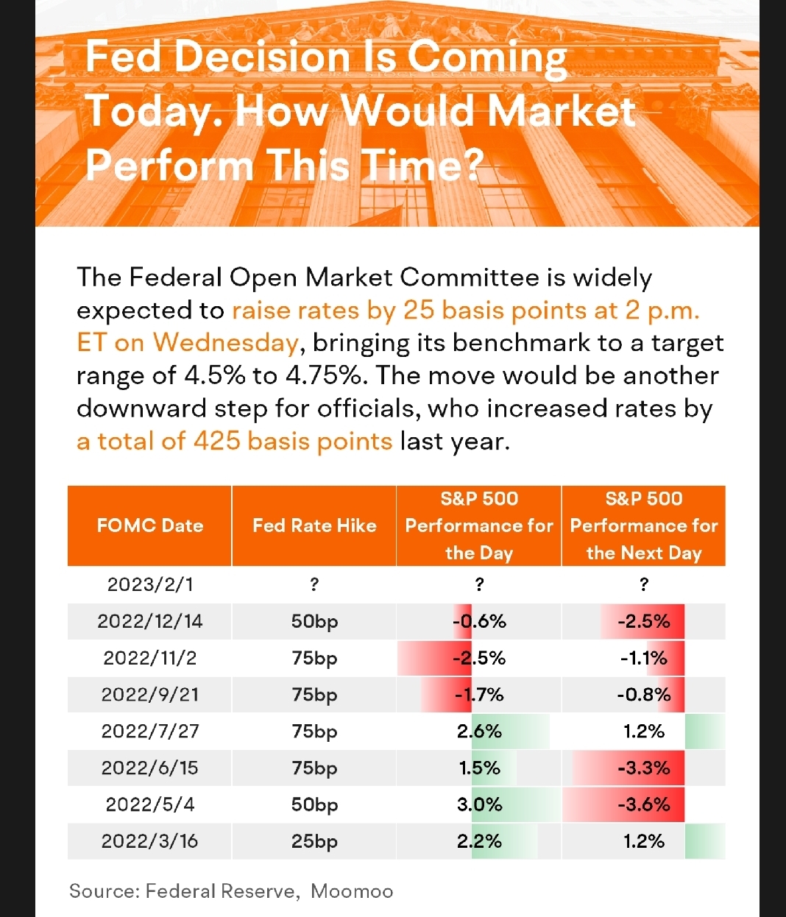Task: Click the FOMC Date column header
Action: click(x=150, y=525)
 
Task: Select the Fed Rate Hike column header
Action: click(x=314, y=525)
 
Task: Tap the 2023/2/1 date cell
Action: click(x=150, y=584)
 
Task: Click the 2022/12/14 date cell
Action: click(x=150, y=621)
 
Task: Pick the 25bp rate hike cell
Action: click(x=314, y=841)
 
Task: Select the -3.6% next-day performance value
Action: click(x=644, y=804)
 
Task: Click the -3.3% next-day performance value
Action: click(x=644, y=768)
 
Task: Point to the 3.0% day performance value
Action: click(x=479, y=804)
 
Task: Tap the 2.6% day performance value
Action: click(x=479, y=732)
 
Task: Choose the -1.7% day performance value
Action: click(x=479, y=695)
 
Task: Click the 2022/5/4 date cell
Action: click(x=150, y=804)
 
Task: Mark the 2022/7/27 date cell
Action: click(x=150, y=732)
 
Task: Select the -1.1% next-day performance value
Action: click(x=644, y=658)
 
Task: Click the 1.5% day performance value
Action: click(x=479, y=768)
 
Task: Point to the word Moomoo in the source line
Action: click(x=352, y=891)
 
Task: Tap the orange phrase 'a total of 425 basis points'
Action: click(x=235, y=441)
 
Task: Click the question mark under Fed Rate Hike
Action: click(x=314, y=584)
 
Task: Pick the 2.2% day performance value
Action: click(x=479, y=841)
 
